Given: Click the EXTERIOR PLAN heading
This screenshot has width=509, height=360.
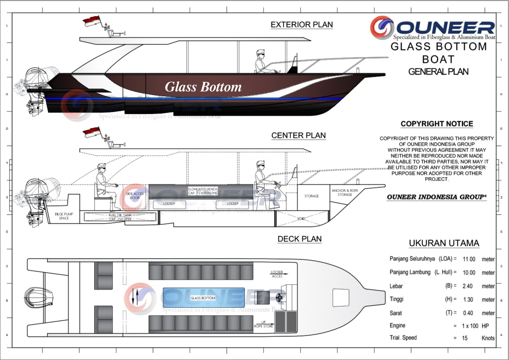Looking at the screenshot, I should [x=302, y=25].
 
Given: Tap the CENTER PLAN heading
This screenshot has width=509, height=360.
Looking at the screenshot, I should [x=298, y=135].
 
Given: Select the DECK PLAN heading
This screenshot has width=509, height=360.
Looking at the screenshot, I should [x=299, y=239].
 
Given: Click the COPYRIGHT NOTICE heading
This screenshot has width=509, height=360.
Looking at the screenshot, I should [x=437, y=124].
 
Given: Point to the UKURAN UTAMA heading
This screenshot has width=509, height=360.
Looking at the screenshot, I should [x=444, y=243].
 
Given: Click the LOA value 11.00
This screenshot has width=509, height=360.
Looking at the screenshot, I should [x=469, y=259].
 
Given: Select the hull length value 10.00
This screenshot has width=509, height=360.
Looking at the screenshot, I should [x=469, y=273].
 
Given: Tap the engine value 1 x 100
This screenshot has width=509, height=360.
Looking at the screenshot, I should [x=470, y=326].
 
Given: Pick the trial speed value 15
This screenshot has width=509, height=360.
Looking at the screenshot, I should [x=465, y=338].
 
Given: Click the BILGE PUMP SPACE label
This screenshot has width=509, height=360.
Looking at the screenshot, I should [x=64, y=216].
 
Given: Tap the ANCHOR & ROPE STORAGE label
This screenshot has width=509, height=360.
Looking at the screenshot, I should [x=345, y=192].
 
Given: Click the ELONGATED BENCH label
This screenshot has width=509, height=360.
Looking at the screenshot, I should [x=203, y=191].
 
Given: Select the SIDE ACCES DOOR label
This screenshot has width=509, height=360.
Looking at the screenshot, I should [x=135, y=196].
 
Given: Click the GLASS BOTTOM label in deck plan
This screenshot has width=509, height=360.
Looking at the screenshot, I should [x=203, y=298].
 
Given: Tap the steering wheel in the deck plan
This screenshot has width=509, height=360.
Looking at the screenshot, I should [x=280, y=297].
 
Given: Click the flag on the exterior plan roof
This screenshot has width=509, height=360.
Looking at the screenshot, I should [x=92, y=22].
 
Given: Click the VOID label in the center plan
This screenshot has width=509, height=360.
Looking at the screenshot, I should [x=301, y=219].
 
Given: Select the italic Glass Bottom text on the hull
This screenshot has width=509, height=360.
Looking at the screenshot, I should [x=203, y=87].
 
